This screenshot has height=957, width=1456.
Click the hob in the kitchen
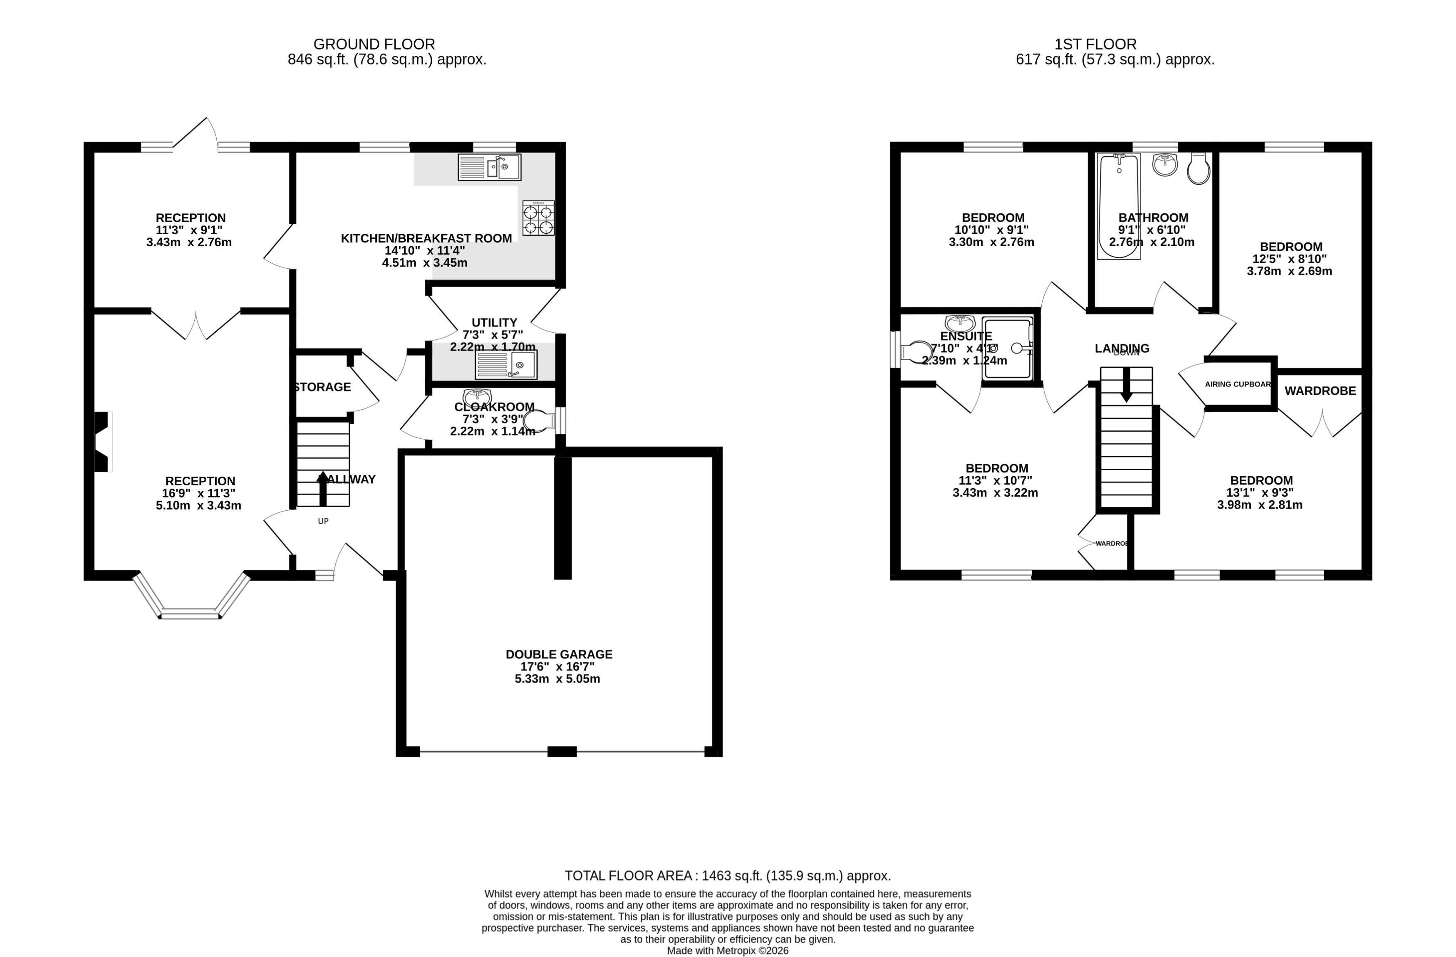pos(538,218)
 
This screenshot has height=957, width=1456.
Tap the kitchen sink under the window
pos(489,167)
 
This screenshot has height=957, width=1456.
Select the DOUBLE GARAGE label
pos(559,654)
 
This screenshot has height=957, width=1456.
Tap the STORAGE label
pos(322,387)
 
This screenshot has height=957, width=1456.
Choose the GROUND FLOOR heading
pos(374,44)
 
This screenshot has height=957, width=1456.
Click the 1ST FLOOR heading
pos(1095,44)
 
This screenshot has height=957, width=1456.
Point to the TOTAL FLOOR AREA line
pos(728,875)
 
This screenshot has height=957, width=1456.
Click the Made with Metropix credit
pos(728,951)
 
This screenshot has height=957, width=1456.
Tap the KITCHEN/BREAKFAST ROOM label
pos(426,238)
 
